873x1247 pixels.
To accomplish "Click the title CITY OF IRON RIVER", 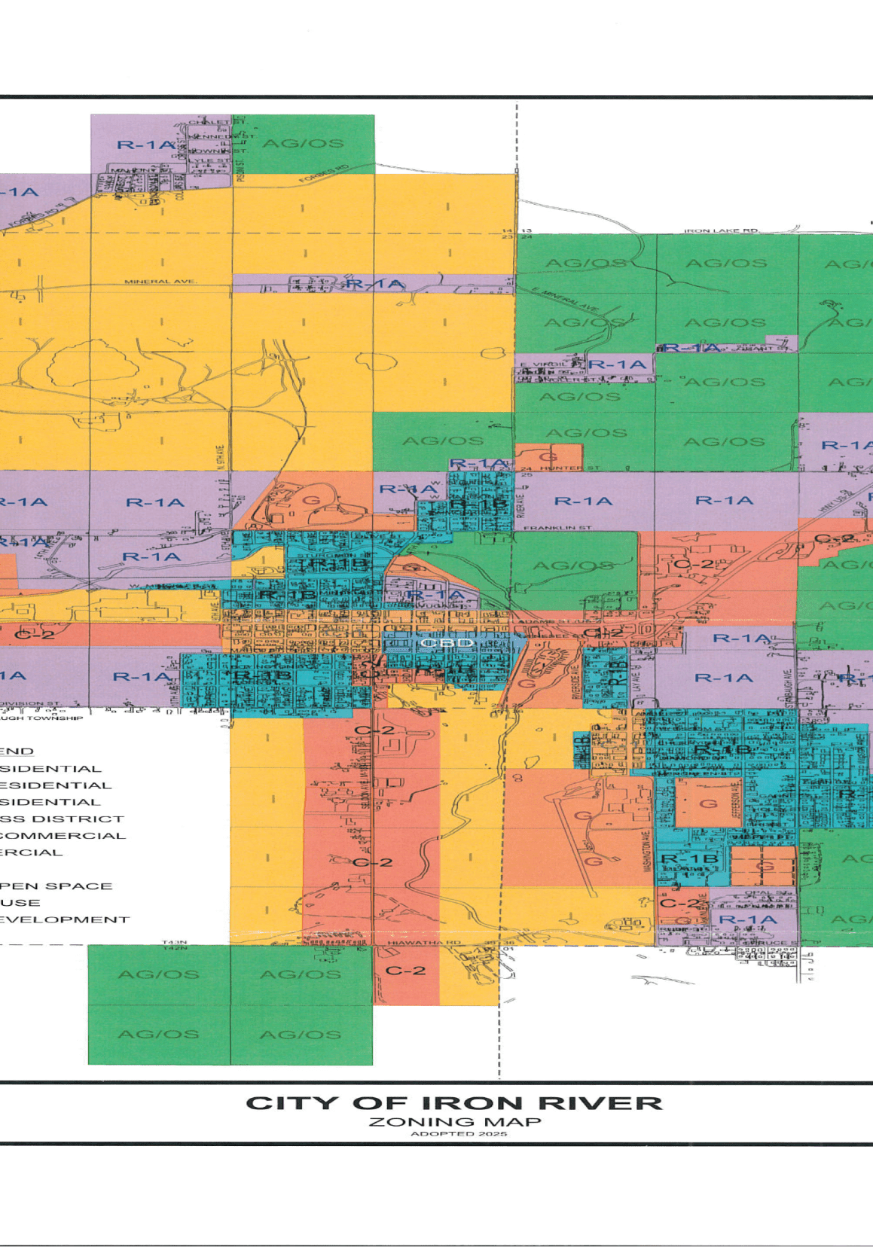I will [x=454, y=1104].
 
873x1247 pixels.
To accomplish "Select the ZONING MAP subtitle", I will [x=455, y=1122].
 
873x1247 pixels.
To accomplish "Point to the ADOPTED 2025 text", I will [x=459, y=1133].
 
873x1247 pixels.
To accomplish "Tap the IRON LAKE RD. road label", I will [x=721, y=230].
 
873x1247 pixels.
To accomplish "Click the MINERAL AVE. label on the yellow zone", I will [x=160, y=282].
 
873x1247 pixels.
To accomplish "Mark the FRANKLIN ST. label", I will [x=557, y=528].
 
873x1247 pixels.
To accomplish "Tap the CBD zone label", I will [x=447, y=643].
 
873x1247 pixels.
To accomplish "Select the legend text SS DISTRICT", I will [x=62, y=819].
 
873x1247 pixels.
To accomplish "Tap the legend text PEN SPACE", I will [x=56, y=886].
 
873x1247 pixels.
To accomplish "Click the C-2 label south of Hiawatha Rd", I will [x=405, y=971].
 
